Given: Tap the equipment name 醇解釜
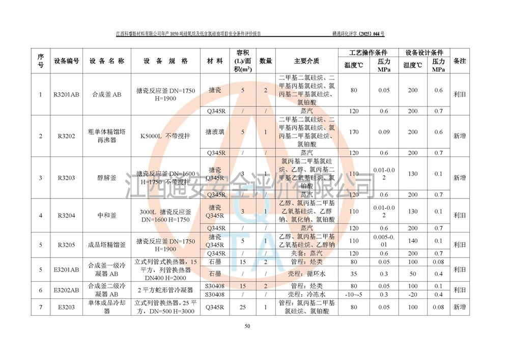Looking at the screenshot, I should click(107, 178).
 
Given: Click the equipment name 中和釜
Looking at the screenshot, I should click(107, 215).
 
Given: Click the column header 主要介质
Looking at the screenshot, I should click(306, 61).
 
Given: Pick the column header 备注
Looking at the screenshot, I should click(460, 61).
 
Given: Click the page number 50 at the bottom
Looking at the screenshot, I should click(247, 326).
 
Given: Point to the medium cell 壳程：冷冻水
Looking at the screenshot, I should click(306, 294).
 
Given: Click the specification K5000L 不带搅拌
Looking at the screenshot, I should click(165, 136).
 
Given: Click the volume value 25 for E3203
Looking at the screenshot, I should click(243, 307).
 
